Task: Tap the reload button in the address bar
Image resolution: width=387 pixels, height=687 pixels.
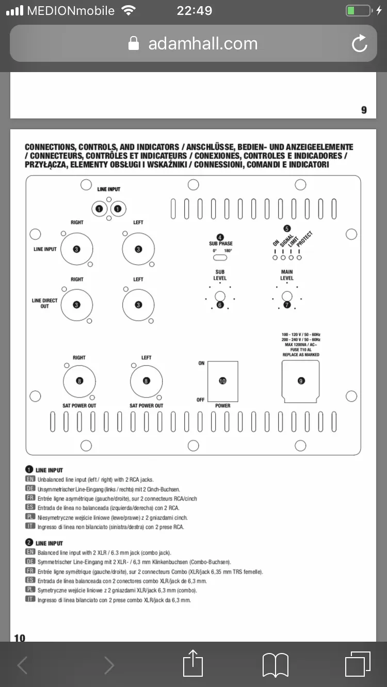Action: (x=359, y=44)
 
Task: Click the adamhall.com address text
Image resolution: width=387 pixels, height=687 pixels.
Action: (x=203, y=44)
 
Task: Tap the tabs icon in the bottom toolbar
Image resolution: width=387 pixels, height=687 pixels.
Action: (x=358, y=664)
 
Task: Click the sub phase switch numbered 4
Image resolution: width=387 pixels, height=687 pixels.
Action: (x=220, y=257)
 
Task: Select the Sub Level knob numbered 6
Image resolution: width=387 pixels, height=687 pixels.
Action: (x=220, y=296)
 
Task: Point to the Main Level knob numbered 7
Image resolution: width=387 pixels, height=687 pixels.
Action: (x=287, y=296)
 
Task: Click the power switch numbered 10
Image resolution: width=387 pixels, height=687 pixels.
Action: (x=222, y=381)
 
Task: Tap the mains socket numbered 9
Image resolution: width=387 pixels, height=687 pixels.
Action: (x=301, y=381)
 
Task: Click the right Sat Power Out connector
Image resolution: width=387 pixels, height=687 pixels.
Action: (x=79, y=381)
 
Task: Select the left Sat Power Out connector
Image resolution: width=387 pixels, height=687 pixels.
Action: (x=146, y=381)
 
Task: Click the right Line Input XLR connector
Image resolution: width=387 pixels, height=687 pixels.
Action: (x=76, y=249)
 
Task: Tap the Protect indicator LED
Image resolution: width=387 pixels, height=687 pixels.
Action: (x=299, y=257)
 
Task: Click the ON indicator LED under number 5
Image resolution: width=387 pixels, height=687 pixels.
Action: (x=275, y=257)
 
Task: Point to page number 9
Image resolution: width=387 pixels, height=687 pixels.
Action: (x=364, y=110)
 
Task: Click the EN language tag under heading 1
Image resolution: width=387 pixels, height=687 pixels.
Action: (x=29, y=479)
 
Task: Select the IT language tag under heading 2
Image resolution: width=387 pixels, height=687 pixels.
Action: (x=29, y=599)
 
